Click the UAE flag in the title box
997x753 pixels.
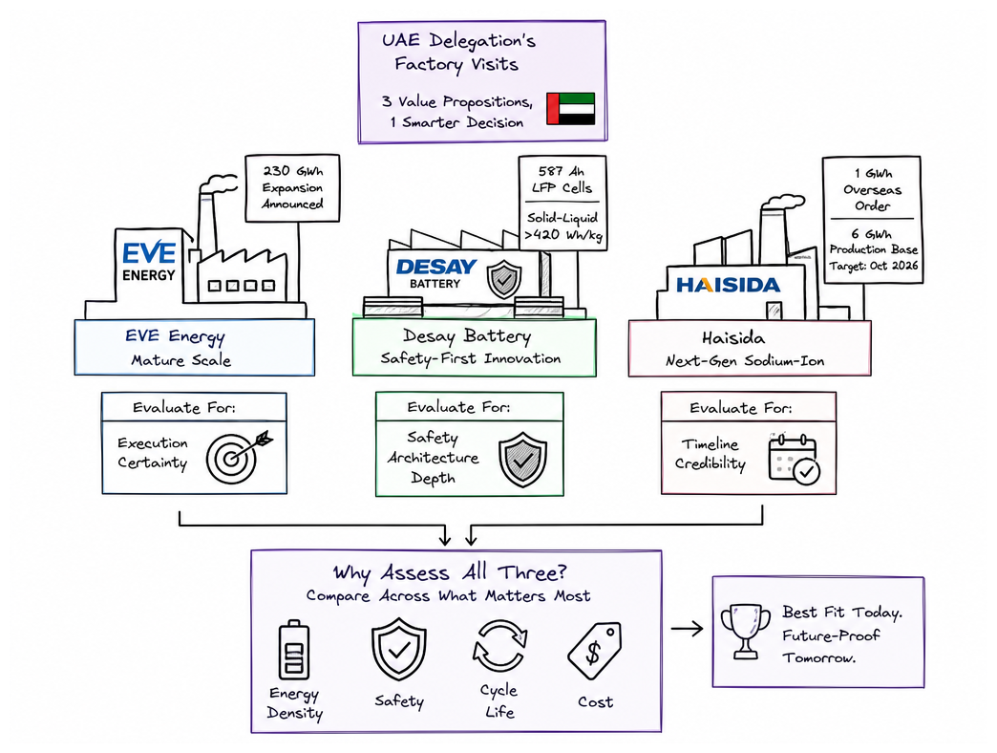point(570,109)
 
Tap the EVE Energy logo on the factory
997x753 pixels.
point(149,262)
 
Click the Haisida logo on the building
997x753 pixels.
point(728,285)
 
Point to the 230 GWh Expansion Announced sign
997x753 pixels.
point(292,187)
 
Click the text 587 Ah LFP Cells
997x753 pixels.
point(562,180)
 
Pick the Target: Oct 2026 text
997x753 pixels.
point(873,266)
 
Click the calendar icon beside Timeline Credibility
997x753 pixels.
point(794,459)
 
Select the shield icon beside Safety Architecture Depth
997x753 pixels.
point(522,460)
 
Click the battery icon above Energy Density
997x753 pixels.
point(294,650)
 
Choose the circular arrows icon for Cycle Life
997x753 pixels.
point(499,646)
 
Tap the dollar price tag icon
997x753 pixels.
point(595,651)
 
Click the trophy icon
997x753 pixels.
point(745,631)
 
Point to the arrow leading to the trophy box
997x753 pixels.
point(688,629)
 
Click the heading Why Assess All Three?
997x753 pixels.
point(450,573)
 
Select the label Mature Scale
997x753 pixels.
point(181,360)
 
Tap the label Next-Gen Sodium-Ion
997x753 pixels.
point(745,361)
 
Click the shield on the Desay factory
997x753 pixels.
point(504,279)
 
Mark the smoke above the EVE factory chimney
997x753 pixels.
point(218,183)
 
